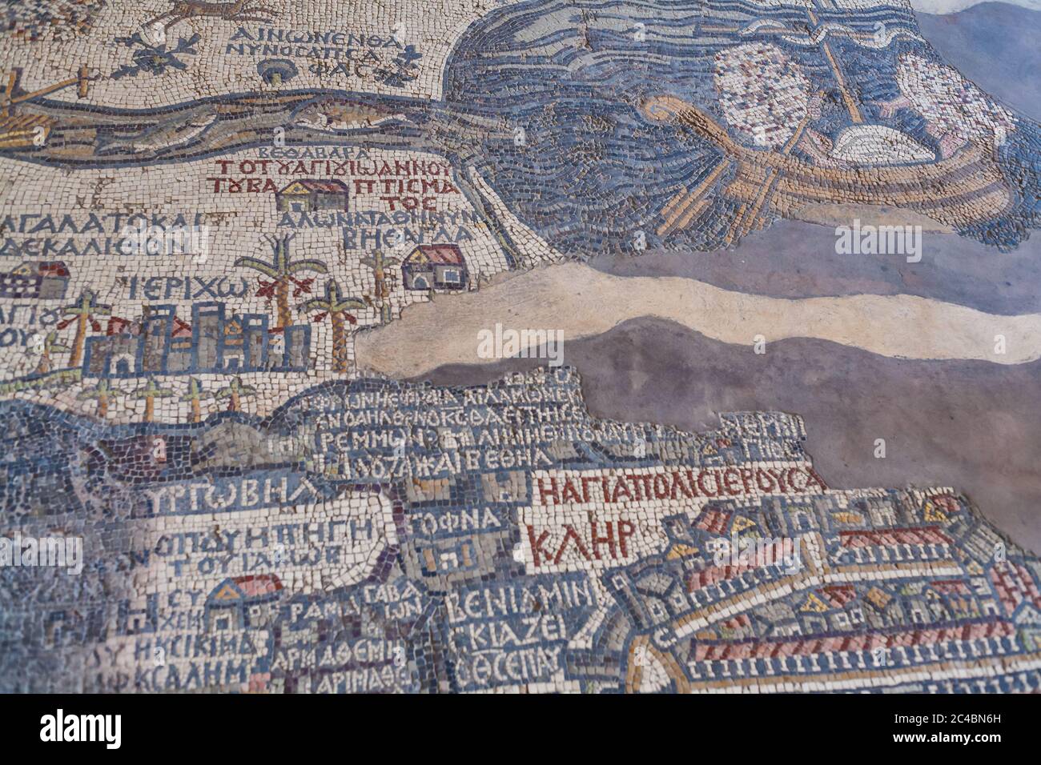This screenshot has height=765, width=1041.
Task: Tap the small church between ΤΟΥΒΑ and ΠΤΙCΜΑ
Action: point(312,194)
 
